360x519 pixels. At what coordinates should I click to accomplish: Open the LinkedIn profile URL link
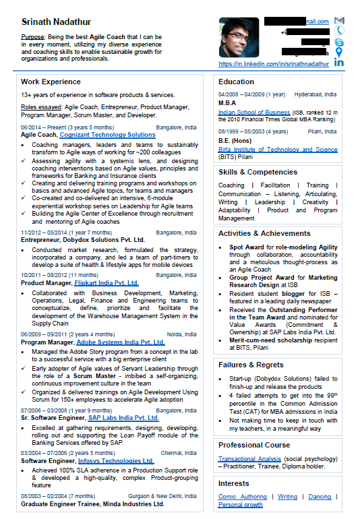(274, 64)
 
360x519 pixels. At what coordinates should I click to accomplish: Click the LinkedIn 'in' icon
(338, 63)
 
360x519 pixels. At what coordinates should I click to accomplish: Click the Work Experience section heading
(51, 82)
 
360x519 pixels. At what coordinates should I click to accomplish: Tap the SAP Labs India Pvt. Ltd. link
(123, 418)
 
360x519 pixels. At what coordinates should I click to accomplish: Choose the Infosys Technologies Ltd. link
(115, 461)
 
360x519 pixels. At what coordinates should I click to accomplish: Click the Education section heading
(236, 82)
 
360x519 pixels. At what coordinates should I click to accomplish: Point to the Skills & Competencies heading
(258, 172)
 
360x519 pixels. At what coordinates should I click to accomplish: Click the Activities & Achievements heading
(264, 233)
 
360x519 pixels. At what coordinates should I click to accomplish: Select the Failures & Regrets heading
(250, 365)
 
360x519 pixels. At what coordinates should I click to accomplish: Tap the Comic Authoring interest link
(242, 497)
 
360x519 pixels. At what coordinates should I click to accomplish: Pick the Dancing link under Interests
(320, 497)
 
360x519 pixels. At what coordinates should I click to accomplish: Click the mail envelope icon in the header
(338, 21)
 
